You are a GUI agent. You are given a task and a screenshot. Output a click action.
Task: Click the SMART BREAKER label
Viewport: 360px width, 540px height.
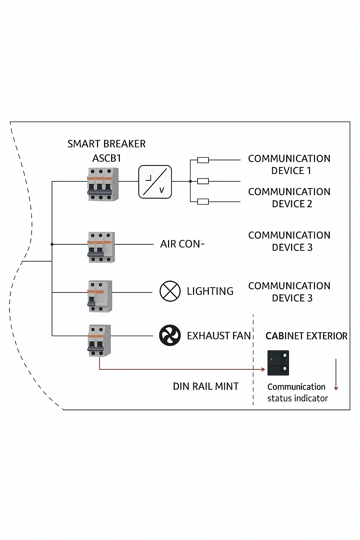[106, 144]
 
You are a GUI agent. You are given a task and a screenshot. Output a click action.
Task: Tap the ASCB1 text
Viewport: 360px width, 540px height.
[107, 159]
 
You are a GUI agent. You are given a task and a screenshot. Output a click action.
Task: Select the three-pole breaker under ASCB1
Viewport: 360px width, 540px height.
[103, 185]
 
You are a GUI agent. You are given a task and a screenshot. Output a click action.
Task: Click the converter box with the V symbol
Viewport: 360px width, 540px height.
[155, 182]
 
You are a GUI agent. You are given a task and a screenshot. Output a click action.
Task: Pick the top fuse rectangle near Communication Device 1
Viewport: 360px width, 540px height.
[203, 160]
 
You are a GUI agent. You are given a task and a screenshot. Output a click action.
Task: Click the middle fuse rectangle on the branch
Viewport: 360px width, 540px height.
[203, 181]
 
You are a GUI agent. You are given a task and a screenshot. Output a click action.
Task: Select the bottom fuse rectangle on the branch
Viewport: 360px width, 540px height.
[203, 201]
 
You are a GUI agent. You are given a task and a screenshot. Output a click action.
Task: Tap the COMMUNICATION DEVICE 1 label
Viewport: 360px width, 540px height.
[289, 165]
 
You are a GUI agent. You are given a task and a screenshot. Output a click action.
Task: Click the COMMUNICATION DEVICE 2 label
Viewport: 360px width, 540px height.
[289, 198]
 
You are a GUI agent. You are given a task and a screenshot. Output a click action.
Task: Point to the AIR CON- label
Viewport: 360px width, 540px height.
[182, 244]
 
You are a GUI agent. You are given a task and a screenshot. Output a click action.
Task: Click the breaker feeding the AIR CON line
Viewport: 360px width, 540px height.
[101, 247]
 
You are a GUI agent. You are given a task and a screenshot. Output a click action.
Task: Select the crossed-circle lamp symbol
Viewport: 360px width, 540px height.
[170, 291]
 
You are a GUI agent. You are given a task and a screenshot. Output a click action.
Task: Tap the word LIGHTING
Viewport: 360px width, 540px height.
[210, 291]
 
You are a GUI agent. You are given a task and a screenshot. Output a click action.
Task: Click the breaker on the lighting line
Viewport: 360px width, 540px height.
[100, 296]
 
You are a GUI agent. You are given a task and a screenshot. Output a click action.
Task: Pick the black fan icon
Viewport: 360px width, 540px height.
[170, 335]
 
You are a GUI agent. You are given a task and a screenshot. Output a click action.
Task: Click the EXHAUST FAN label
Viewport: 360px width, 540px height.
[219, 336]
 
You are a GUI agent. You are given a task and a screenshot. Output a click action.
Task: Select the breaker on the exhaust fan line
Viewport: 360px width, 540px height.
[99, 341]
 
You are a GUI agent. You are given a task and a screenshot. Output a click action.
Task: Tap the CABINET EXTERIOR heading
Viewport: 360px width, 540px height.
[307, 336]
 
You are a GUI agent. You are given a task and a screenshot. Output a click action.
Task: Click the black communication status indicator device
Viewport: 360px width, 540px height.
[278, 363]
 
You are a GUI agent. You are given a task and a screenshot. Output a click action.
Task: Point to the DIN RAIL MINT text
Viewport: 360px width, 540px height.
[206, 386]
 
